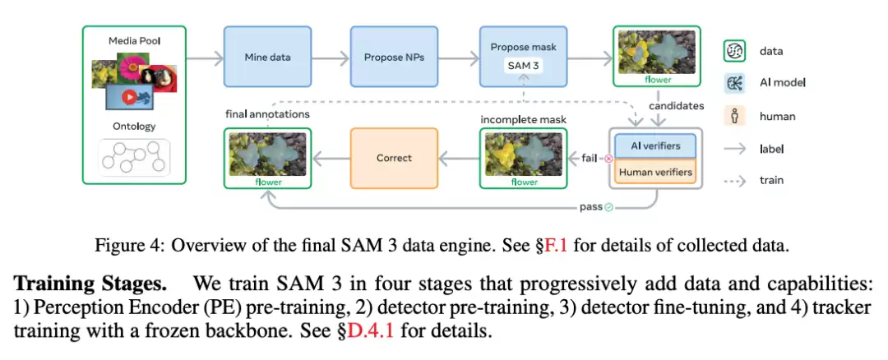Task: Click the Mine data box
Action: coord(267,58)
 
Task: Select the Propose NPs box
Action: coord(393,58)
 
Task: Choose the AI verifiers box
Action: coord(656,145)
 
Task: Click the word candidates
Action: coord(677,106)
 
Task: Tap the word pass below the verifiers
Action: coord(590,207)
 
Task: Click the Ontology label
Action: coord(134,126)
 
